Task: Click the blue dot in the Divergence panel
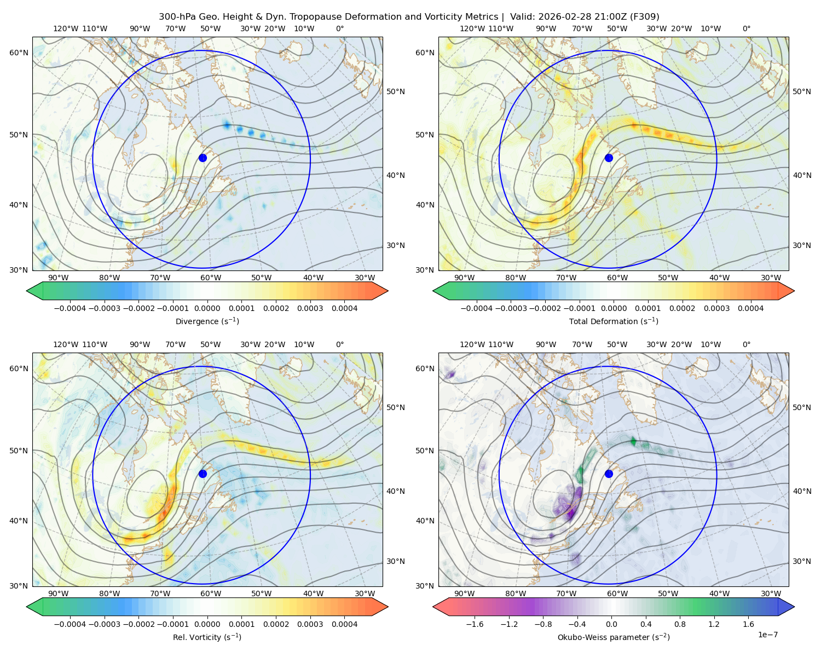(203, 158)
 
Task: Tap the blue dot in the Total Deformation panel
(609, 158)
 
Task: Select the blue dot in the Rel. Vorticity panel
(203, 474)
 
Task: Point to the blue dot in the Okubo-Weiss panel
(609, 474)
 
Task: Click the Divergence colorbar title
(207, 321)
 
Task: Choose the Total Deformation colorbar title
(614, 321)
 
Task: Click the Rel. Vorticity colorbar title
(207, 637)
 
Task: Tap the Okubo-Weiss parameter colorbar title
(614, 637)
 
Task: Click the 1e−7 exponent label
(767, 635)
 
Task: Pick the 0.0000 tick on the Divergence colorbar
(207, 308)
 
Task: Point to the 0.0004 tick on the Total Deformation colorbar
(750, 308)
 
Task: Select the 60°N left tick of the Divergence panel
(19, 53)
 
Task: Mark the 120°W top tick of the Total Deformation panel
(472, 28)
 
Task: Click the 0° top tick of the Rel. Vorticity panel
(340, 344)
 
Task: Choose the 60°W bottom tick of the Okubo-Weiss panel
(617, 593)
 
